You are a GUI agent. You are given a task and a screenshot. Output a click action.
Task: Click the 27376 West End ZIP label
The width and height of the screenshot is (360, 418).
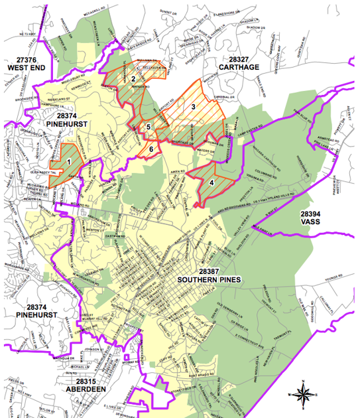(x=25, y=64)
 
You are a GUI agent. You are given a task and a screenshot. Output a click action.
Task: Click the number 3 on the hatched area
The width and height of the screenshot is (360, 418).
(x=193, y=106)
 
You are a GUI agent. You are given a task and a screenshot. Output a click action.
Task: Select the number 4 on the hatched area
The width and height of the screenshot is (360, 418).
(x=211, y=182)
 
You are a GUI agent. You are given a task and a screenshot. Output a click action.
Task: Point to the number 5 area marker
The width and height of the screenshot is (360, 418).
(x=149, y=127)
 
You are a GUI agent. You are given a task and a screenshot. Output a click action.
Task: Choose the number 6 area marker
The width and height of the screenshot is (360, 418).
(x=151, y=149)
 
